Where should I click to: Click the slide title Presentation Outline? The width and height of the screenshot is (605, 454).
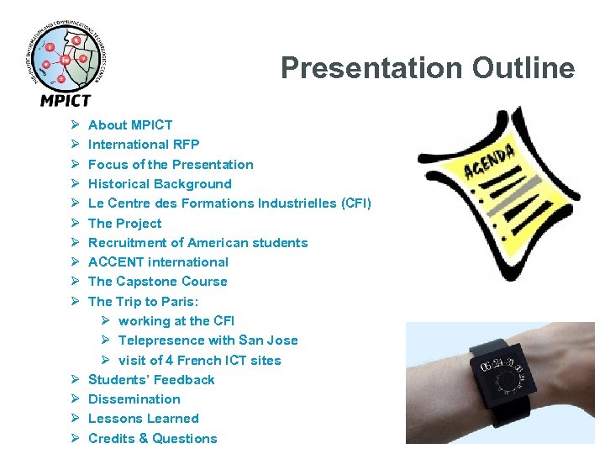point(428,68)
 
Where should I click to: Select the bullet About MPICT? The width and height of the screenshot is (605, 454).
point(130,125)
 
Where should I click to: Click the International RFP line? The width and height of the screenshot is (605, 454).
point(144,145)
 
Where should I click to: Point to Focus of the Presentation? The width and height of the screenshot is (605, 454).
point(171,165)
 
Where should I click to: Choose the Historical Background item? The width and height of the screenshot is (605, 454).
point(160,184)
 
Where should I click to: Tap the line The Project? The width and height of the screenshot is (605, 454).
point(124,224)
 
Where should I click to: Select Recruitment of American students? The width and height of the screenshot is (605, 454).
point(197,243)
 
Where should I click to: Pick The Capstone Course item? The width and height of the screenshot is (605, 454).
point(157,282)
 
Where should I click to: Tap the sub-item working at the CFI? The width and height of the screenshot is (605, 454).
point(176,321)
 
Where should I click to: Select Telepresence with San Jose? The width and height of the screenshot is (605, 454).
point(208,340)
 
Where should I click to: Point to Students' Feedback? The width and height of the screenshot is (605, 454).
point(151,380)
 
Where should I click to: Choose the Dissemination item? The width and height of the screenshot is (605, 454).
point(134,399)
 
